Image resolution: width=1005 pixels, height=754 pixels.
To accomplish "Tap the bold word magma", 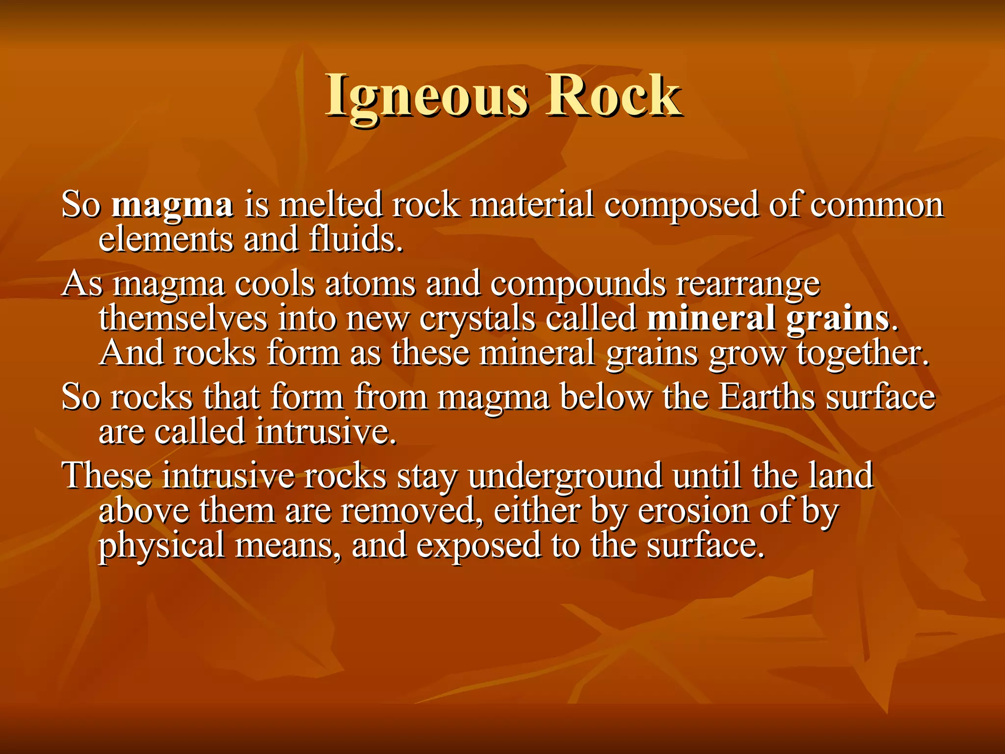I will click(172, 205).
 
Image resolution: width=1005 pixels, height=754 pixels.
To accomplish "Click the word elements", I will click(166, 239).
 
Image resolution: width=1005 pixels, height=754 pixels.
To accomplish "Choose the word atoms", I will click(370, 284).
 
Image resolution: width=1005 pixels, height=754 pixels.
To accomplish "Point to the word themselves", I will click(183, 319).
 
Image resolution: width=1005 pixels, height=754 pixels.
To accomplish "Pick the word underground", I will click(565, 476).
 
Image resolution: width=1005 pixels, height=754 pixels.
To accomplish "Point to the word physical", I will click(161, 546).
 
